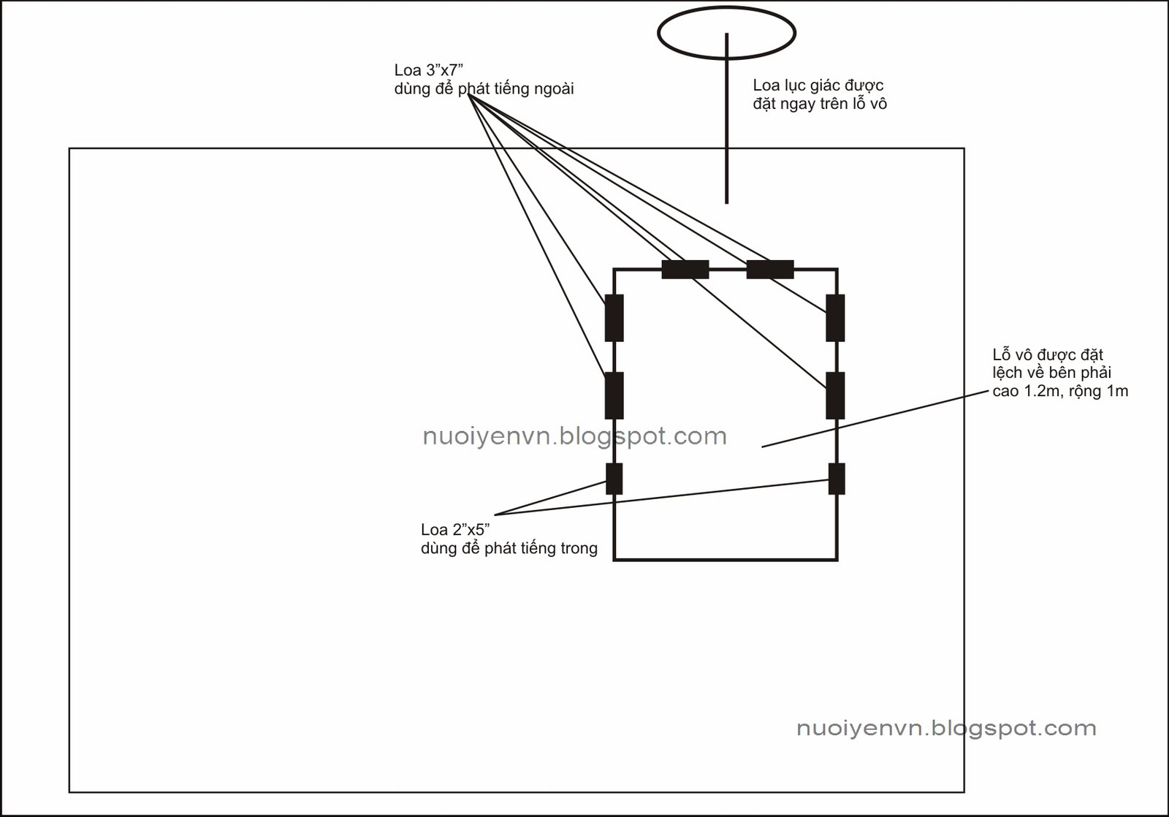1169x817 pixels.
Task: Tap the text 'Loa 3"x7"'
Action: coord(429,70)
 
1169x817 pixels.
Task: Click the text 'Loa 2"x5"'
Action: coord(454,530)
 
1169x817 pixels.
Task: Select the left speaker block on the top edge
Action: coord(685,270)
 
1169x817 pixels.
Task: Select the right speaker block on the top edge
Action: coord(770,270)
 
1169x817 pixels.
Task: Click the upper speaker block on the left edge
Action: coord(614,318)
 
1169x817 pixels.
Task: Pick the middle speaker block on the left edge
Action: coord(614,395)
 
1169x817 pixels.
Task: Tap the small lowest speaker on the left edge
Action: coord(614,479)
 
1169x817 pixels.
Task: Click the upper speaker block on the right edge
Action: coord(835,318)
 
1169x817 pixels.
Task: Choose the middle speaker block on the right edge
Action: coord(835,395)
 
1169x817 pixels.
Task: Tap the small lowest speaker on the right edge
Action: coord(837,479)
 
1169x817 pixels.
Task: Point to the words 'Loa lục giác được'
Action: coord(818,85)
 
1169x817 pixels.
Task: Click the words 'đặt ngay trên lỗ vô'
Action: coord(820,104)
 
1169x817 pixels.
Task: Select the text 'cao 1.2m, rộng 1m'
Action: coord(1060,391)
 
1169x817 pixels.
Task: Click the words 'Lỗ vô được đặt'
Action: coord(1048,355)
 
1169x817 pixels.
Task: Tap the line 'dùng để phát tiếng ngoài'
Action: coord(484,89)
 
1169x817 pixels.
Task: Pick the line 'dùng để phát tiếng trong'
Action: coord(509,548)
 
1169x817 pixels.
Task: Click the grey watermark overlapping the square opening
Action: coord(574,436)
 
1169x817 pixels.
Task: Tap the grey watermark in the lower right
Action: coord(946,728)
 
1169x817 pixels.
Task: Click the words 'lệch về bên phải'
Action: coord(1051,373)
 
